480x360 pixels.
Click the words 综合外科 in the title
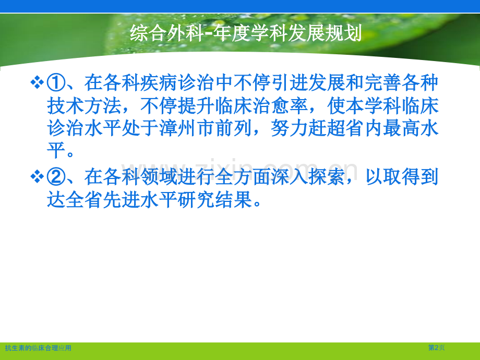[167, 33]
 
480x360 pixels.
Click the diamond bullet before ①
[37, 82]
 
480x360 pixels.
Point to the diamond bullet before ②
[37, 177]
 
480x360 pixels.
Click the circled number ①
[56, 83]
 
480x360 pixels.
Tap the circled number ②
[56, 177]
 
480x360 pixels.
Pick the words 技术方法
[84, 106]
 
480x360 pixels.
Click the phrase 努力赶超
[308, 128]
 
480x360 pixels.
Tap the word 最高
[401, 128]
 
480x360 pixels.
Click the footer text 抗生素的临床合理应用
[38, 348]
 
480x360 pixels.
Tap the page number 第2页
[437, 347]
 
